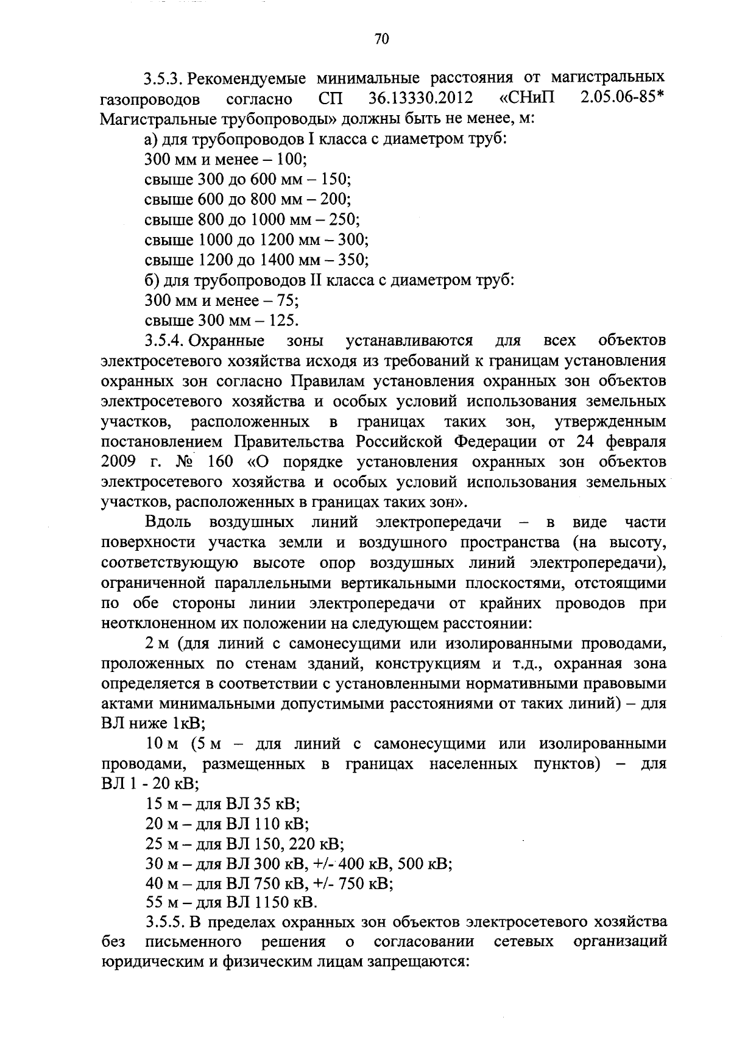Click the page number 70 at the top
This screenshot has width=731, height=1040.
click(381, 40)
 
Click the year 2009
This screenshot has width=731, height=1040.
click(116, 461)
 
